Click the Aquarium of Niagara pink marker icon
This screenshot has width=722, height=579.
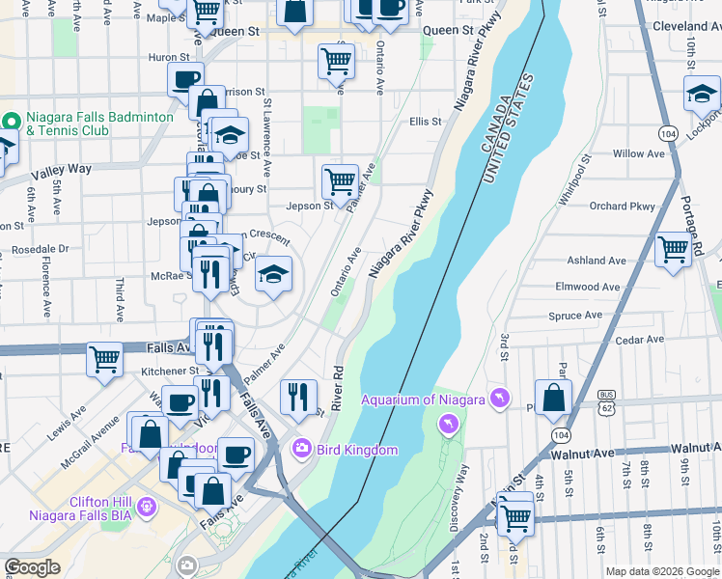500,400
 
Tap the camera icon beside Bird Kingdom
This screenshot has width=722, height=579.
301,450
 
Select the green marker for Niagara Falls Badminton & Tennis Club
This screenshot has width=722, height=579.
12,123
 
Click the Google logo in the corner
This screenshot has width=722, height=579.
32,567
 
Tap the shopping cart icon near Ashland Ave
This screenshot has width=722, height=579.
673,249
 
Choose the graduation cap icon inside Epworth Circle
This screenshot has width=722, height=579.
273,277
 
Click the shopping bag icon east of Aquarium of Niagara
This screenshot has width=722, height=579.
553,398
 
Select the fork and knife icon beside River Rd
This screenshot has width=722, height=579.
298,395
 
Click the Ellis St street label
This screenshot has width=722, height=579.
425,122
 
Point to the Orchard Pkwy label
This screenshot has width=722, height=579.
622,206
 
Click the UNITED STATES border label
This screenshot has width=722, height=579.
514,128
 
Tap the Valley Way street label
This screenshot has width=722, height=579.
61,170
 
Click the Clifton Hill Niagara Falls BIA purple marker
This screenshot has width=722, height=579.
146,506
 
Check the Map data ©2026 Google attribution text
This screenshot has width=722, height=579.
661,571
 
